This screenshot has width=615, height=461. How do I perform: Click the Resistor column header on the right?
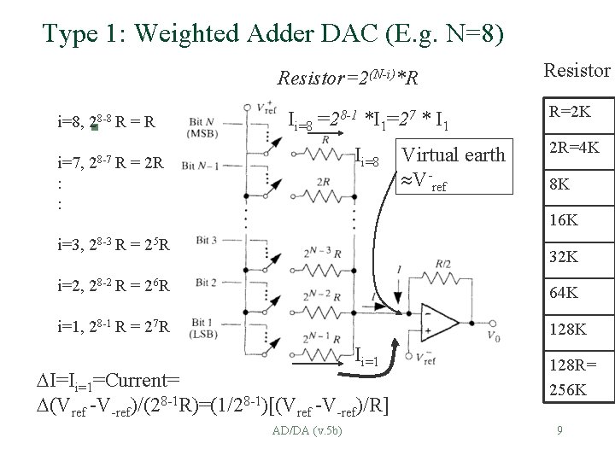tap(577, 70)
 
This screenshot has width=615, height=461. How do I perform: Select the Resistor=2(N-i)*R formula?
tap(348, 79)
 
